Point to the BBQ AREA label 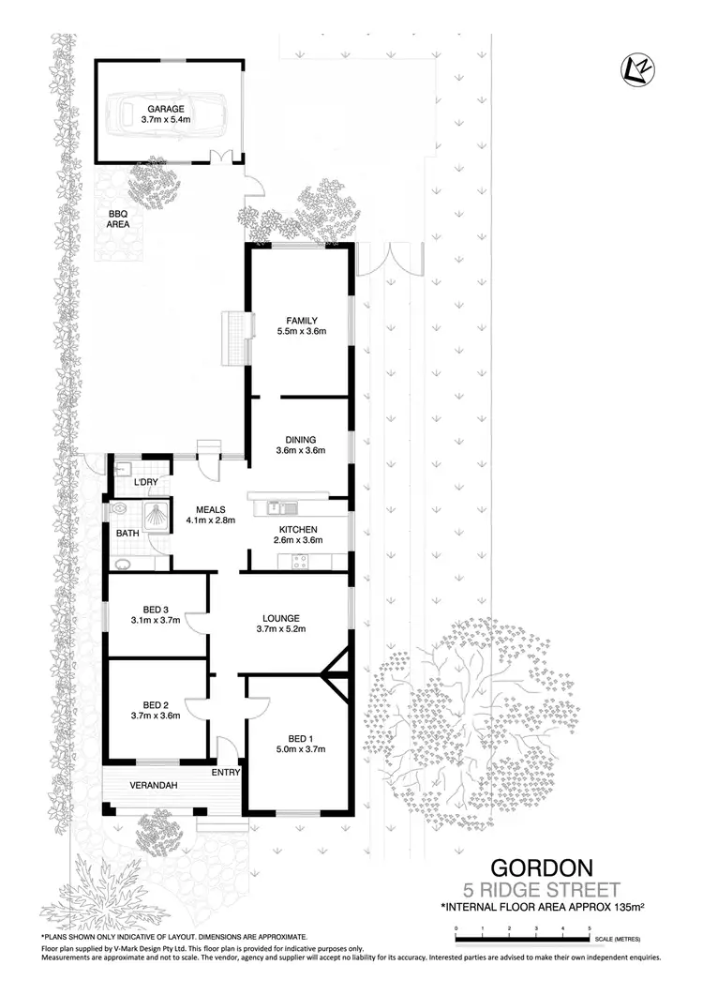117,219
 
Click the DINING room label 300,439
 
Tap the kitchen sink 276,507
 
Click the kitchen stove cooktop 301,563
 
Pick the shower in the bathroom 151,514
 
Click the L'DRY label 146,482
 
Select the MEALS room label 210,509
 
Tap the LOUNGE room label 280,618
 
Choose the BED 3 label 156,608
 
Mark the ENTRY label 227,773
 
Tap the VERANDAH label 155,785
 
